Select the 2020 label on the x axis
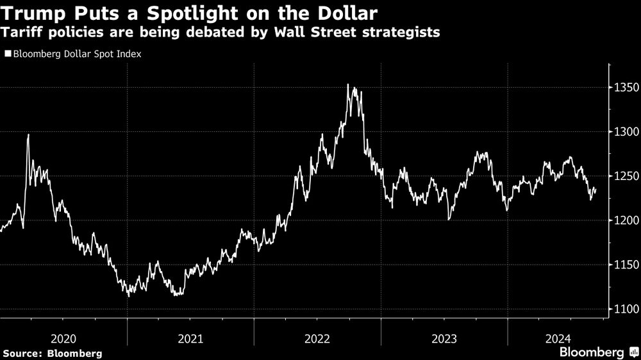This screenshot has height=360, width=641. [x=63, y=338]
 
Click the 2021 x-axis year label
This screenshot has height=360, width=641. [x=190, y=338]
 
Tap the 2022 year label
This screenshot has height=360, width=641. [x=317, y=338]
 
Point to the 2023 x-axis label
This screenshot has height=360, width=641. [x=444, y=338]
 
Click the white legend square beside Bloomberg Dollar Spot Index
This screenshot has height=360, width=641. [x=8, y=54]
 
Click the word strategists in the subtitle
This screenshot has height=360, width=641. [x=402, y=33]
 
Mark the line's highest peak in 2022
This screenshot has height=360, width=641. [x=348, y=85]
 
